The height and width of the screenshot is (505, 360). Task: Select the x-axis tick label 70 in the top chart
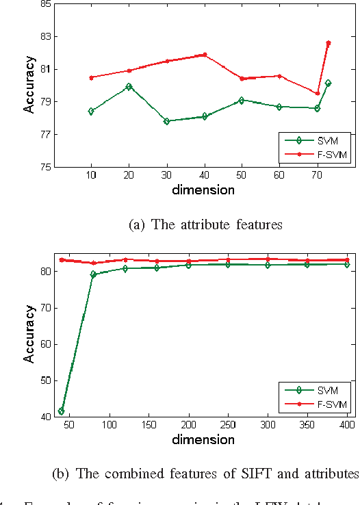(317, 177)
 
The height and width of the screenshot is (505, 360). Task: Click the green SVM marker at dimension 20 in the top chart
(129, 87)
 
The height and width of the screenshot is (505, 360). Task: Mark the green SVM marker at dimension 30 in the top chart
(166, 121)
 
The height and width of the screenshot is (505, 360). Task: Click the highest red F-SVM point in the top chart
(329, 43)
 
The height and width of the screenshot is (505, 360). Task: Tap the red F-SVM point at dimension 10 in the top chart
(91, 77)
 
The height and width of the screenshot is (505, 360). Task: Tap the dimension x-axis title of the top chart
(205, 190)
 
